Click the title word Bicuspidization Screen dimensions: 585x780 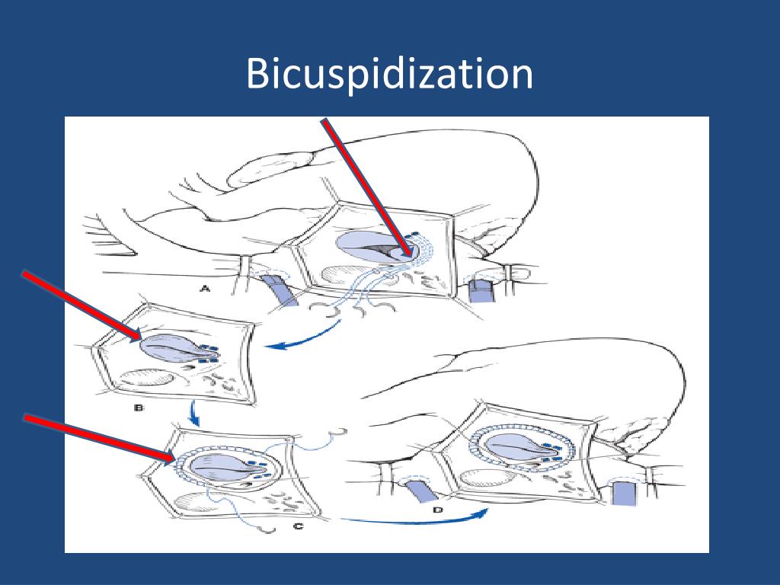coord(389,75)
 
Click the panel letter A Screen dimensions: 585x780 coord(204,288)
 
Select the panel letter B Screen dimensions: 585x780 coord(139,408)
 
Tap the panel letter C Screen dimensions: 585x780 coord(298,525)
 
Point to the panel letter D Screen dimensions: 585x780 coord(437,510)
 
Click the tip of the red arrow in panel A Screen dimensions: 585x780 coord(405,254)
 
